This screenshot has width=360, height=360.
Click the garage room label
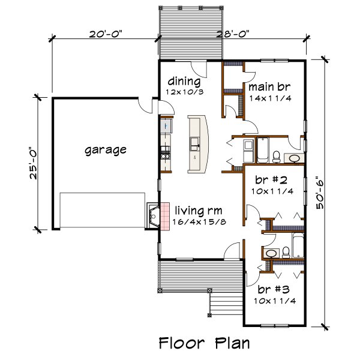[x=106, y=151]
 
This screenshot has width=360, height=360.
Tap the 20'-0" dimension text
[x=106, y=34]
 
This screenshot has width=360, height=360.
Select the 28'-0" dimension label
[x=233, y=34]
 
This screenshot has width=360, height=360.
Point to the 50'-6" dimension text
[x=320, y=193]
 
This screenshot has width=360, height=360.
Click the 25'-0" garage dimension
[x=33, y=163]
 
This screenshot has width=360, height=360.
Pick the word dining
[x=184, y=81]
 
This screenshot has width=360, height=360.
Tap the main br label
[x=269, y=87]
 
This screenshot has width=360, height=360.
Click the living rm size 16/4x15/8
[x=199, y=222]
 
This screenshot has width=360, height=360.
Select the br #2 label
[x=271, y=180]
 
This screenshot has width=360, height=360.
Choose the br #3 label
[x=274, y=290]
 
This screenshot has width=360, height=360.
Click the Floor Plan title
[x=205, y=343]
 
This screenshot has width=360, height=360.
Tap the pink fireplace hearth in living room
[x=165, y=216]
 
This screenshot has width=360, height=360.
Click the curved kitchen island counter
[x=198, y=144]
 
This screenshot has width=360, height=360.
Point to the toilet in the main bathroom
[x=277, y=157]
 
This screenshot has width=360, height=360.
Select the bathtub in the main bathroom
[x=262, y=150]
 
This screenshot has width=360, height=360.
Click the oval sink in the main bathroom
[x=294, y=158]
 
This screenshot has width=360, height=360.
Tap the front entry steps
[x=226, y=304]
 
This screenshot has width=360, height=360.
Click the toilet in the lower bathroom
[x=286, y=253]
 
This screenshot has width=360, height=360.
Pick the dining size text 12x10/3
[x=185, y=92]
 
